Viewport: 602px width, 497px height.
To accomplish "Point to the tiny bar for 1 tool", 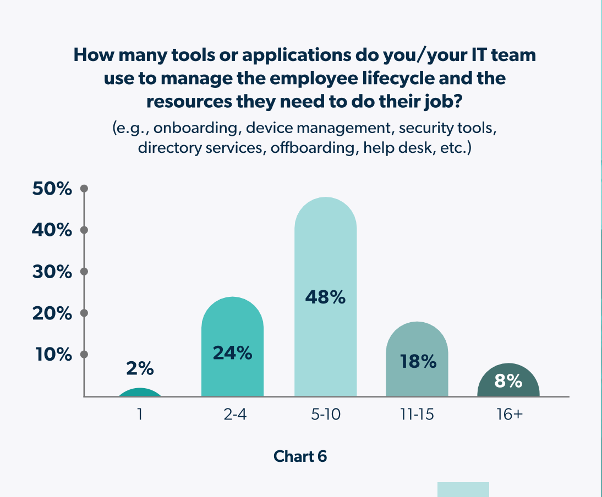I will tap(140, 393).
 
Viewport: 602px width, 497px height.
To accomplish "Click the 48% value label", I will tap(325, 297).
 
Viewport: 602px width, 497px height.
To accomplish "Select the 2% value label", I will tap(140, 369).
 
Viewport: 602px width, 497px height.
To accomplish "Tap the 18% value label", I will tap(417, 362).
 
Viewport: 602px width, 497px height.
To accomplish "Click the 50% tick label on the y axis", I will tap(52, 189).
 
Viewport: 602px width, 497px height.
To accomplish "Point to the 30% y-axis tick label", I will tap(52, 272).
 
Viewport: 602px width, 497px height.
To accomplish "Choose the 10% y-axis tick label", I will tap(54, 355).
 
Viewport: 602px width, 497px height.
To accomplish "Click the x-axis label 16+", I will tap(508, 414).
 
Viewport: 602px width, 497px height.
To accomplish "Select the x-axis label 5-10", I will tap(325, 414).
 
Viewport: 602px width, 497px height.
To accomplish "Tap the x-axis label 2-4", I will tap(232, 414).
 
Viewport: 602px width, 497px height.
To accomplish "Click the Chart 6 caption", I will tap(300, 456).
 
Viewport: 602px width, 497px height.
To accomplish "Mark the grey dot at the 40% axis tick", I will tap(84, 230).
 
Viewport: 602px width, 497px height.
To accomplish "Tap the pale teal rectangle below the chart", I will tap(463, 489).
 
